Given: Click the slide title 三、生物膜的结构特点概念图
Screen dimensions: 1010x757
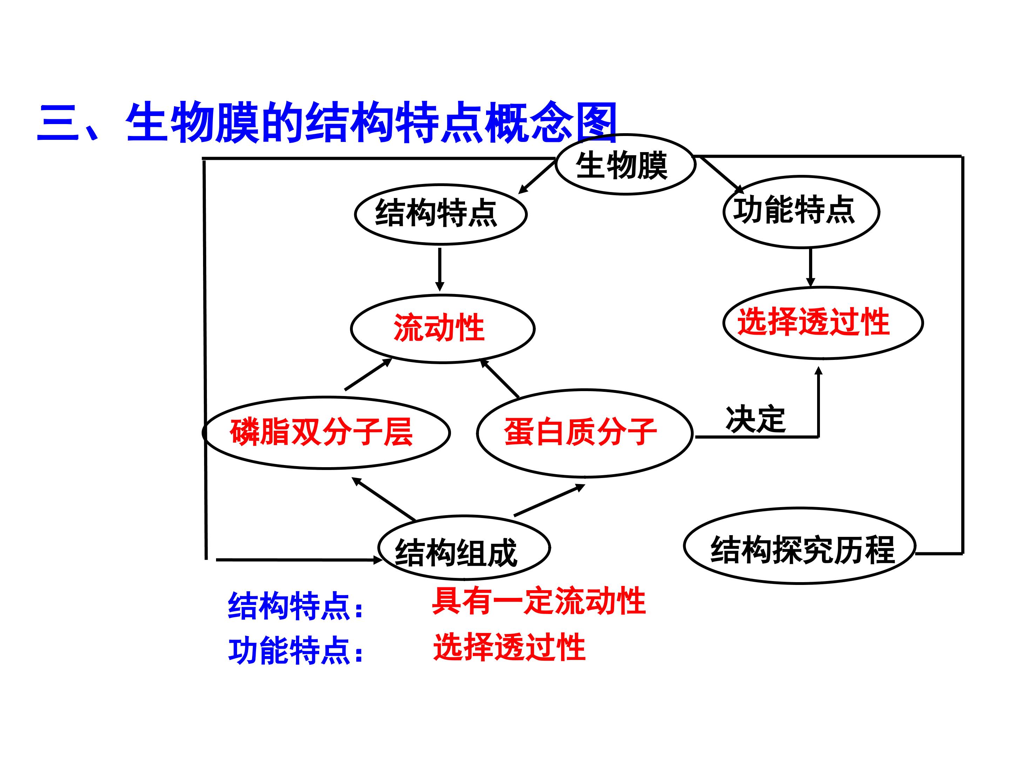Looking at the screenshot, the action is tap(327, 123).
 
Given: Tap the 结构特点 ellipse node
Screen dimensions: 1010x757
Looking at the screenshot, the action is tap(440, 214).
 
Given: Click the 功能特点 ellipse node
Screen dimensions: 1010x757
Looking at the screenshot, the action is tap(801, 212).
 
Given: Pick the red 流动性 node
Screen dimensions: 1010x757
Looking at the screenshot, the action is tap(443, 328).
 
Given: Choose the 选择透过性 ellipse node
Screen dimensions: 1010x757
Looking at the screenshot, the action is tap(823, 323).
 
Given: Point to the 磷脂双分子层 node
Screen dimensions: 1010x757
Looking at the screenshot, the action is tap(326, 432).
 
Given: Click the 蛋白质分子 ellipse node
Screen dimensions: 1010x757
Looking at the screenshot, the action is tap(585, 434).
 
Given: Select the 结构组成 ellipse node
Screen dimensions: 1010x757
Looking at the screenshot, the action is tap(464, 547).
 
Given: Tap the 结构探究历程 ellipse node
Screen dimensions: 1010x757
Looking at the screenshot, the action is tap(800, 546).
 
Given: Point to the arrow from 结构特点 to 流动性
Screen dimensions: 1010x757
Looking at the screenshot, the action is tap(440, 270).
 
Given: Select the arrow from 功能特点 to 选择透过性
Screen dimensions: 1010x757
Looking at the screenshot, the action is tap(810, 267).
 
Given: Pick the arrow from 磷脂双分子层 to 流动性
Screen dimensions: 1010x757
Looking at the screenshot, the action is tap(368, 375).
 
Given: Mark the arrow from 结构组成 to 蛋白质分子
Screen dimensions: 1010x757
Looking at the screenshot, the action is tap(549, 500).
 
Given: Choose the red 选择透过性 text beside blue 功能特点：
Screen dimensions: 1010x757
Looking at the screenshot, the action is tap(509, 647).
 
